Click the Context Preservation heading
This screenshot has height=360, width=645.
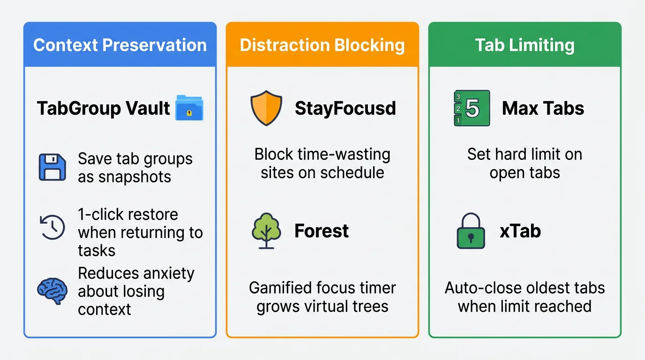click(x=120, y=45)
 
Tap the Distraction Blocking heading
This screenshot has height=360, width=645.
click(x=322, y=45)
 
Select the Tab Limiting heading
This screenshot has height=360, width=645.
click(x=525, y=45)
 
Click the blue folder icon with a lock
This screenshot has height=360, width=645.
click(x=189, y=108)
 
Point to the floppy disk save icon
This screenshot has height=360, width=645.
click(x=52, y=168)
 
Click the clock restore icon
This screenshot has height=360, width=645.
click(x=52, y=227)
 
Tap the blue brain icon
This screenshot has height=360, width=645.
click(x=52, y=291)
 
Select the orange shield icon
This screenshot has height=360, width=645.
click(x=266, y=108)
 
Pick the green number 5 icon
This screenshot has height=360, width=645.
click(x=472, y=108)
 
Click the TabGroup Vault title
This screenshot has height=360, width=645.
click(x=103, y=109)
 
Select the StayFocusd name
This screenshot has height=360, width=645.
click(x=345, y=109)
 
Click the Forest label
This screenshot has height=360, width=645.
click(x=322, y=231)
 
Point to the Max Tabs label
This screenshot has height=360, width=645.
click(x=543, y=109)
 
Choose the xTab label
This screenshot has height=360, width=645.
click(x=520, y=231)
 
